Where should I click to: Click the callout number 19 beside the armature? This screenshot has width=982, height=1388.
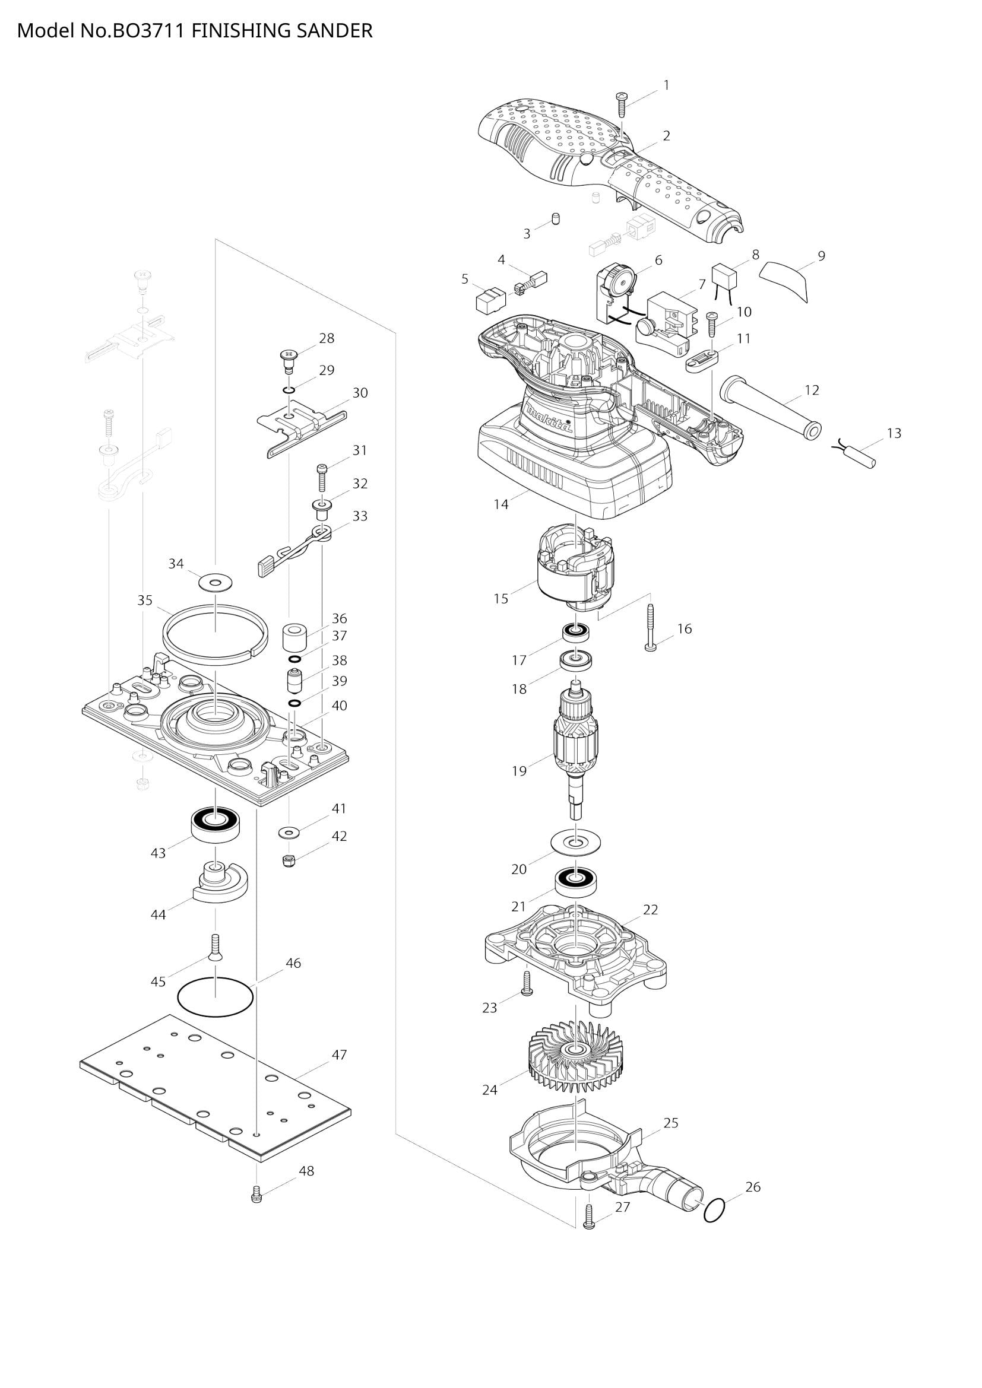pos(519,771)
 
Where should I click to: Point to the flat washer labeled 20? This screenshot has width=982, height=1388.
pos(576,841)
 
